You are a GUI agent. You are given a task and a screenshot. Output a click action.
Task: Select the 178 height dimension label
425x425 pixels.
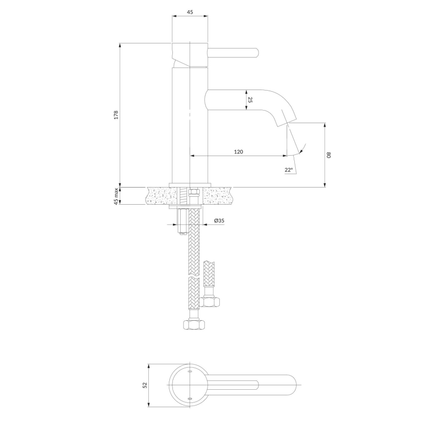[x=116, y=115]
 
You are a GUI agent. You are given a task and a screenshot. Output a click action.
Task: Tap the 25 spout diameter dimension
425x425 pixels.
[x=250, y=100]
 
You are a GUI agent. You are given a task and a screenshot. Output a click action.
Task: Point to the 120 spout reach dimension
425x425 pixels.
[x=238, y=152]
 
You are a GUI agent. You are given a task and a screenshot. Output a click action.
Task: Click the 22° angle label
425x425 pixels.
[x=288, y=170]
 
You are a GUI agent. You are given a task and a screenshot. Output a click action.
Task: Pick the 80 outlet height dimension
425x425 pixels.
[x=330, y=155]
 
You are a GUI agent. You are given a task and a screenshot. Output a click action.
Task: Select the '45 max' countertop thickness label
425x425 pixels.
[x=116, y=196]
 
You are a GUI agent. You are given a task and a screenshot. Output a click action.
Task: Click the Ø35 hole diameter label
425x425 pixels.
[x=218, y=221]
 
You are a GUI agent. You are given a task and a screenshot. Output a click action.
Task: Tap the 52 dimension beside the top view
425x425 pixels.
[x=144, y=385]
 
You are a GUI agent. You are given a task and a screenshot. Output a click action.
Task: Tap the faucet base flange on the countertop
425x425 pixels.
[x=190, y=185]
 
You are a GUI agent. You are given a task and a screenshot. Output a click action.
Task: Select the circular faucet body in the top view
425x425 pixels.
[x=189, y=385]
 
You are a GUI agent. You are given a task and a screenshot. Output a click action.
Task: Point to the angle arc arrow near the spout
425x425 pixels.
[x=301, y=149]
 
